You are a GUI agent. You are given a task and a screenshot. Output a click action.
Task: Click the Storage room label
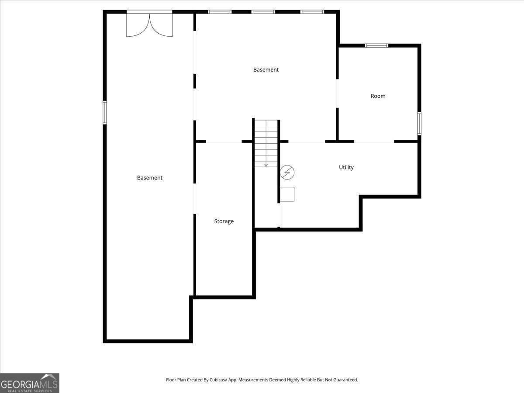coord(224,221)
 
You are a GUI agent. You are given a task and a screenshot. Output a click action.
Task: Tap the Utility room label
coord(346,168)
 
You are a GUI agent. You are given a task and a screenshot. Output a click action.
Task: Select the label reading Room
coord(378,96)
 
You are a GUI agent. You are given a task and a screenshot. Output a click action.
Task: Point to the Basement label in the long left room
coord(150,178)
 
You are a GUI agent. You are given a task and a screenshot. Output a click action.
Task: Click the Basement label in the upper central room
coord(266,70)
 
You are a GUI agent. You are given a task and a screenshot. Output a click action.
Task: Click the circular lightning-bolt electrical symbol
coord(287,172)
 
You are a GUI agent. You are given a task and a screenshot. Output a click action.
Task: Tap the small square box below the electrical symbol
coord(287,194)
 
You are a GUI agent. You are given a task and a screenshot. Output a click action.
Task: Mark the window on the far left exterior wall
coord(104,113)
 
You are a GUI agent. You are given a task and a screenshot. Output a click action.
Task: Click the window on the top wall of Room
coord(377,45)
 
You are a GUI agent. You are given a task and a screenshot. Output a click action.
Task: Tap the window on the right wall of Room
coord(419,124)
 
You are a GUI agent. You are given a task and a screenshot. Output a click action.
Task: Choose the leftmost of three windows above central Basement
coord(220,12)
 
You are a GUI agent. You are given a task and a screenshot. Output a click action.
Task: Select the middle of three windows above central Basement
coord(263,12)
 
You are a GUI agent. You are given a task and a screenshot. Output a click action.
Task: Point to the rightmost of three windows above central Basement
coord(312,12)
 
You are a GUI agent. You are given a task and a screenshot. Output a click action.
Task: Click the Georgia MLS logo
coord(30,383)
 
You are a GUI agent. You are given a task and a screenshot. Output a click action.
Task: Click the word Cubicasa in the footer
coord(218,379)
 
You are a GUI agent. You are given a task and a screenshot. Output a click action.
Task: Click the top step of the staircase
coord(266,123)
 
